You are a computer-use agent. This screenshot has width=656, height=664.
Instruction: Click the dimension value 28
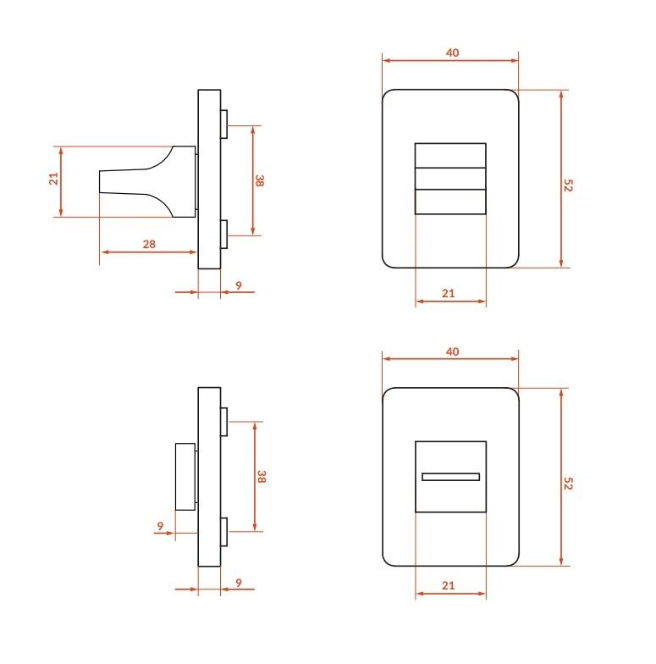coord(149,244)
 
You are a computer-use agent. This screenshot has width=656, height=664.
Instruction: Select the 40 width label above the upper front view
coord(452,53)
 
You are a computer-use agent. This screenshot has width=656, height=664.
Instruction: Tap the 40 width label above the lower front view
coord(452,352)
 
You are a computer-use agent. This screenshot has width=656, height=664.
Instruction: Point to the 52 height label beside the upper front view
coord(568,185)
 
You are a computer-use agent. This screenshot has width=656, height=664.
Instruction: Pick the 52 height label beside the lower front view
coord(568,484)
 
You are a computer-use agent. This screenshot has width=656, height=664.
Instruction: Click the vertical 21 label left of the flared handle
coord(54,179)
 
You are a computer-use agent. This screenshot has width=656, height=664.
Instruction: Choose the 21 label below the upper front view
coord(449,293)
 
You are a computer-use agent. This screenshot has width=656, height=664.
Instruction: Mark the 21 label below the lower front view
coord(449,586)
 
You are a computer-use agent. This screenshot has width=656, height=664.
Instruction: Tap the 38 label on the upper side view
coord(259,181)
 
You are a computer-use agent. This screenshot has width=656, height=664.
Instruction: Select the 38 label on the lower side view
coord(261,477)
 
